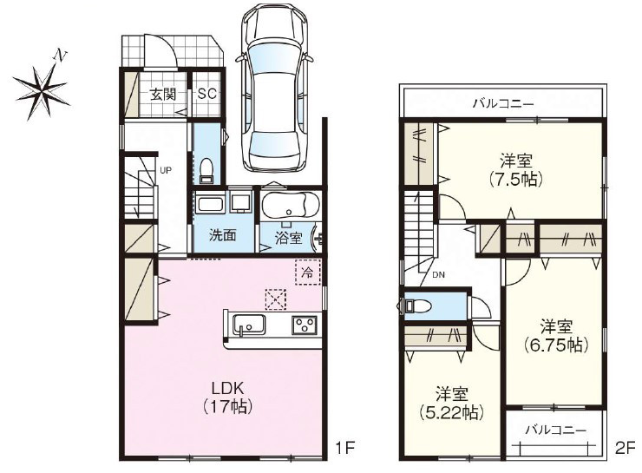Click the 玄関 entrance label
[163, 95]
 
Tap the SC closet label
[207, 95]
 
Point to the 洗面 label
[223, 235]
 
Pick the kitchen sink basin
[248, 325]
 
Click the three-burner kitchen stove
[305, 325]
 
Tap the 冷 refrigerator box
[307, 272]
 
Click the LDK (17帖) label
[227, 397]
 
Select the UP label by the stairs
[166, 170]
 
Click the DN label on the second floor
[438, 275]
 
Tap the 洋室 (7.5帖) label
[516, 169]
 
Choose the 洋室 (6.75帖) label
[556, 336]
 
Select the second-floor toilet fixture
[418, 305]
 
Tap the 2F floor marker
[626, 448]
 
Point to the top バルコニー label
[503, 103]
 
